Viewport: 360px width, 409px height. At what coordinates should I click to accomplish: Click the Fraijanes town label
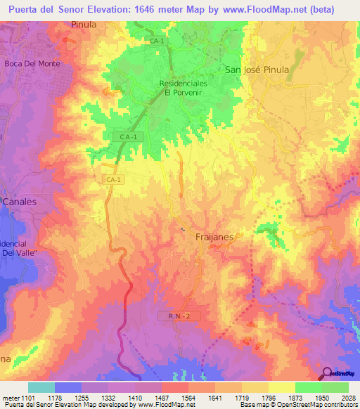click(214, 238)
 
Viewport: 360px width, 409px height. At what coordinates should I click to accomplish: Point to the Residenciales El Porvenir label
click(183, 87)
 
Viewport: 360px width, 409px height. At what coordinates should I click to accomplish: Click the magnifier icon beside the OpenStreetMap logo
click(327, 373)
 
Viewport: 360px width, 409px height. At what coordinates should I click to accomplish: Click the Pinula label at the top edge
click(83, 24)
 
